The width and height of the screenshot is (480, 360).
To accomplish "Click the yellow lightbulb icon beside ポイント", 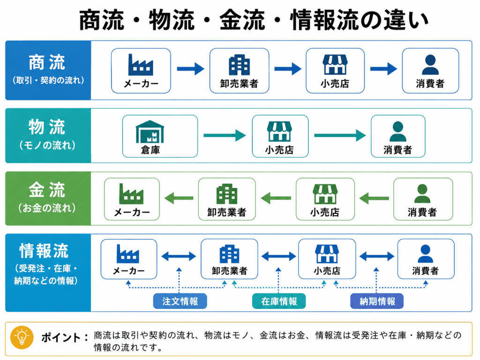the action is point(22,337).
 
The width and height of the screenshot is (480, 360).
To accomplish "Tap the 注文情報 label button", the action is point(180,301).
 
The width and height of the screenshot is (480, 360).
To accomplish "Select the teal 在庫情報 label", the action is point(279,301).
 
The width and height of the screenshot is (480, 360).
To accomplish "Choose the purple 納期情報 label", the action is point(377,301).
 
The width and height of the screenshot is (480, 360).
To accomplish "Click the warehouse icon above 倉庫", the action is point(150,132).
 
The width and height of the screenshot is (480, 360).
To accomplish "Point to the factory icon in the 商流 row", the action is point(141,65).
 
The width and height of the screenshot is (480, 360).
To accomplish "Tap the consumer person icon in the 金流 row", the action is point(422,194).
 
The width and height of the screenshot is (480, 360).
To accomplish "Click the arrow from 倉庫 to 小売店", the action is point(225,135).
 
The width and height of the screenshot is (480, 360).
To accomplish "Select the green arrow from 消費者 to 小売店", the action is point(374,198).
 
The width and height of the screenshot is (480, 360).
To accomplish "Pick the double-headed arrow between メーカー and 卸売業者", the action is point(179,256).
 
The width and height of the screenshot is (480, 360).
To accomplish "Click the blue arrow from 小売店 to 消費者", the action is point(383,68).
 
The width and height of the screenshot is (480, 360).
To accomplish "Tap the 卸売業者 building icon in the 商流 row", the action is point(239,65).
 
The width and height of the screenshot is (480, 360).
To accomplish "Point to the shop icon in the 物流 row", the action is point(279,131).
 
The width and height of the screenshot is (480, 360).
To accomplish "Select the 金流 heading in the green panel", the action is point(47,190).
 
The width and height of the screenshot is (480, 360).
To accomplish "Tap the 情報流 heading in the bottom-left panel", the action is point(44,251).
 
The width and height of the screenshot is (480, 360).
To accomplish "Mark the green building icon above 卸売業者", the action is point(226,194).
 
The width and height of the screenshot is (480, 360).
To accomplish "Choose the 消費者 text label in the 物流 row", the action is point(397,150).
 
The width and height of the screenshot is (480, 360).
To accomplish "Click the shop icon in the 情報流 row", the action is point(327,254).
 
